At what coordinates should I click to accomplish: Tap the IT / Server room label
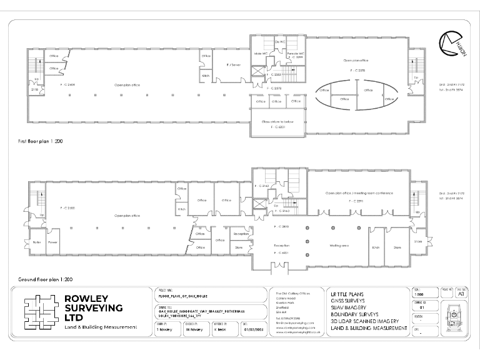click(x=233, y=65)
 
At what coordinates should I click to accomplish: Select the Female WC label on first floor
click(x=296, y=54)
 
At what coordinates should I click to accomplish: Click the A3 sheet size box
click(x=461, y=292)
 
